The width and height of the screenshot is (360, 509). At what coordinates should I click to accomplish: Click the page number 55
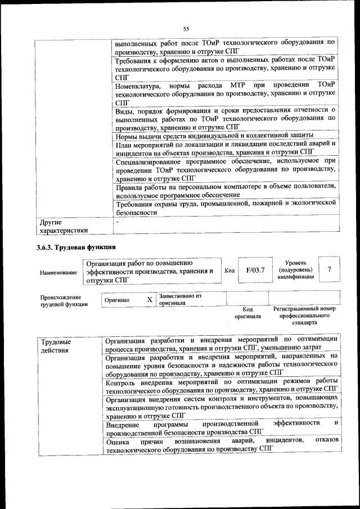pos(185,29)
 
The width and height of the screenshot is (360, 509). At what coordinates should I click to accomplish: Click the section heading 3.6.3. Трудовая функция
pos(76,246)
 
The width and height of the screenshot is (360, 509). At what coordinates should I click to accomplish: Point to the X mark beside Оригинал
pos(149,300)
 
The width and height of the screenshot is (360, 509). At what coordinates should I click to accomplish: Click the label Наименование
pos(58,272)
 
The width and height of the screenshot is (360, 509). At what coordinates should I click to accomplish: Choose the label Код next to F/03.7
pos(229,271)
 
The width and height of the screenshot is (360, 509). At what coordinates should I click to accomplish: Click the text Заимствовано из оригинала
pos(180,299)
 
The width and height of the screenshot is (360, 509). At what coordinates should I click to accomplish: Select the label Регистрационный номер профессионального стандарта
pos(304,316)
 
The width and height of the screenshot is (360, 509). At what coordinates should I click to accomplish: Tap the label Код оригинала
pos(247,313)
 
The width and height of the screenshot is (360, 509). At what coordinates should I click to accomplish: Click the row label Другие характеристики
pos(61,226)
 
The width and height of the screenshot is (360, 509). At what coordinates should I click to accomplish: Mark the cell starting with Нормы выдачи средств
pos(214,136)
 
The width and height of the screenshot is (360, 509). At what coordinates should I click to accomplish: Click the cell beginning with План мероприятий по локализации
pos(225,147)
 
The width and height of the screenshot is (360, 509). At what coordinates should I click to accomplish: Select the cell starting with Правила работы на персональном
pos(225,190)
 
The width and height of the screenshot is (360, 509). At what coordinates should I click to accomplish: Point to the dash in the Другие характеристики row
pos(116,222)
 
